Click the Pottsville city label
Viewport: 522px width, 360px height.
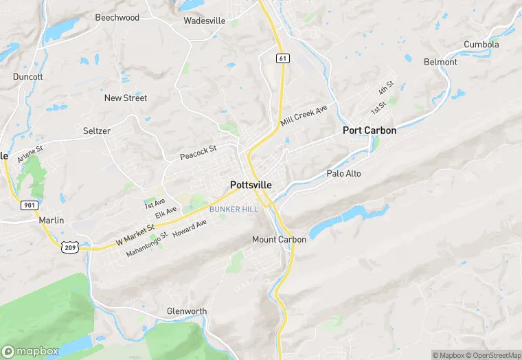click(x=251, y=185)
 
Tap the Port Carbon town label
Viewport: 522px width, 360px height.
click(x=370, y=130)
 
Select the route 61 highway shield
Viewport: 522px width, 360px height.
click(x=282, y=58)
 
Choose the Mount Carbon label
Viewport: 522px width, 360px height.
click(x=279, y=239)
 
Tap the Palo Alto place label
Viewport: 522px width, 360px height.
click(x=343, y=174)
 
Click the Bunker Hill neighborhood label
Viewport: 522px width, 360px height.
click(x=234, y=209)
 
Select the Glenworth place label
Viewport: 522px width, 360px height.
click(x=187, y=311)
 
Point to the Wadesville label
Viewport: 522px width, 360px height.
click(x=205, y=21)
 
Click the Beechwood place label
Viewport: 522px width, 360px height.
click(x=117, y=17)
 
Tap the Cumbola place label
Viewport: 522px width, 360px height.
click(x=481, y=45)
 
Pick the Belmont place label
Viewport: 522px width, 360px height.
click(x=440, y=62)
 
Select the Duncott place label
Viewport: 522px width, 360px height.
click(x=27, y=77)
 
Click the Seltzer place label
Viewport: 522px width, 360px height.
click(x=97, y=131)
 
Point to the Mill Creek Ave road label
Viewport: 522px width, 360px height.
click(x=304, y=115)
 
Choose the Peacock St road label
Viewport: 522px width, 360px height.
click(x=198, y=152)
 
